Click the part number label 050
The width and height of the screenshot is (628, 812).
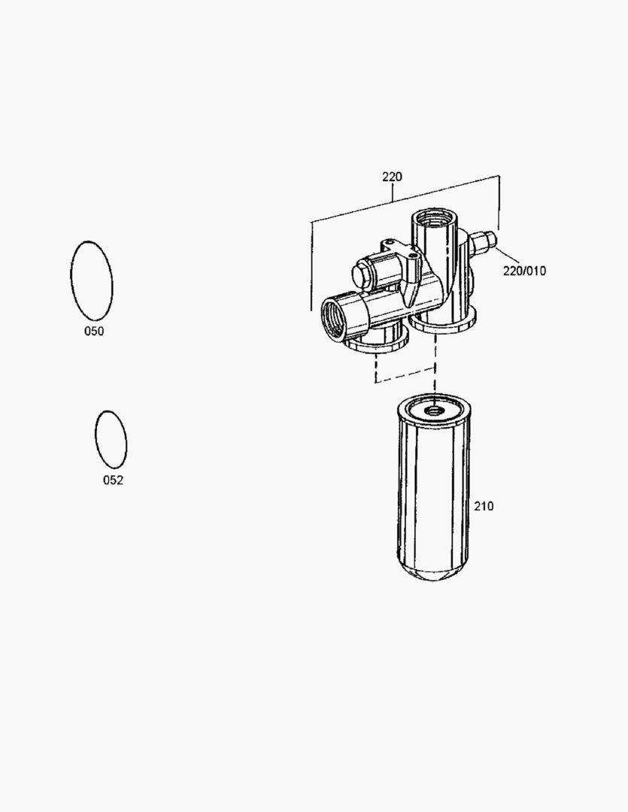[x=94, y=331]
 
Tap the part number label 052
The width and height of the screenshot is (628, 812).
[x=113, y=480]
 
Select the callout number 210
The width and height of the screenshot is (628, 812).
[x=484, y=506]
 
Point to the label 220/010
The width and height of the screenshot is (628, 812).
[x=524, y=271]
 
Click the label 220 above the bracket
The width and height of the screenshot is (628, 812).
[x=393, y=177]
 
